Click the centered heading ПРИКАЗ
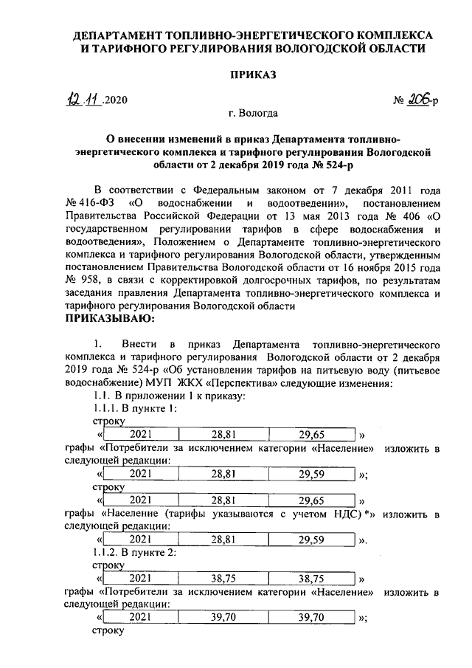point(252,75)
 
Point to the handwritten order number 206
point(417,100)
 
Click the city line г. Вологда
point(252,114)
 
